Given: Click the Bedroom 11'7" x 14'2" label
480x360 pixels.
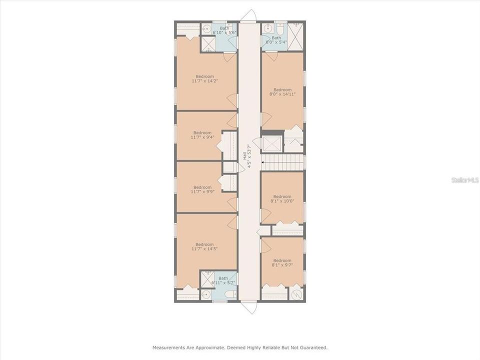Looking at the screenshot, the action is coord(205,78).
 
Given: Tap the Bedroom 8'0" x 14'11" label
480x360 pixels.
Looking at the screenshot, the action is coord(282,92).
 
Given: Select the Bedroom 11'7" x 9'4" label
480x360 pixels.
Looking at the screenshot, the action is coord(202,135).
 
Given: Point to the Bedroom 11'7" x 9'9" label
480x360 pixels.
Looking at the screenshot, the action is coord(202,189).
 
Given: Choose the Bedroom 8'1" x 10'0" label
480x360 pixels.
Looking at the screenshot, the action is coord(282,198).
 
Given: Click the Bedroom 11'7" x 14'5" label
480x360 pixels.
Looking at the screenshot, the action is coord(204,246).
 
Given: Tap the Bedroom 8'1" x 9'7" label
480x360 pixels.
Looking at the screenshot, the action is coord(282,262).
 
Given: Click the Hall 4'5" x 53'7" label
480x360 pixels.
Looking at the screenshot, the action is coord(247,156).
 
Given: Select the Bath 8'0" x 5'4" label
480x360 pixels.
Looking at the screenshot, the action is coord(276,40).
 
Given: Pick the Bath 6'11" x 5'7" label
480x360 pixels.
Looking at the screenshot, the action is coord(223,280).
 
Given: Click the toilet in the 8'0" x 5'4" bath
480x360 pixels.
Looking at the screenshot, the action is coord(280,28).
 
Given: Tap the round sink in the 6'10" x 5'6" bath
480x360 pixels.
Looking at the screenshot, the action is coord(207,29).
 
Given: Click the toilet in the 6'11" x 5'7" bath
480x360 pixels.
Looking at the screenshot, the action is coord(230,295).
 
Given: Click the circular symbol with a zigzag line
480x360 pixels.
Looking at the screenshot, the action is coord(296,295).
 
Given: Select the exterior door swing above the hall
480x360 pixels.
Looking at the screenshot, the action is coord(248,15).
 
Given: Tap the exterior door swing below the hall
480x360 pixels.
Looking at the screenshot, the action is coord(248,307).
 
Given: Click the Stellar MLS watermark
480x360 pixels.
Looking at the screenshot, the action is coord(464,180).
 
